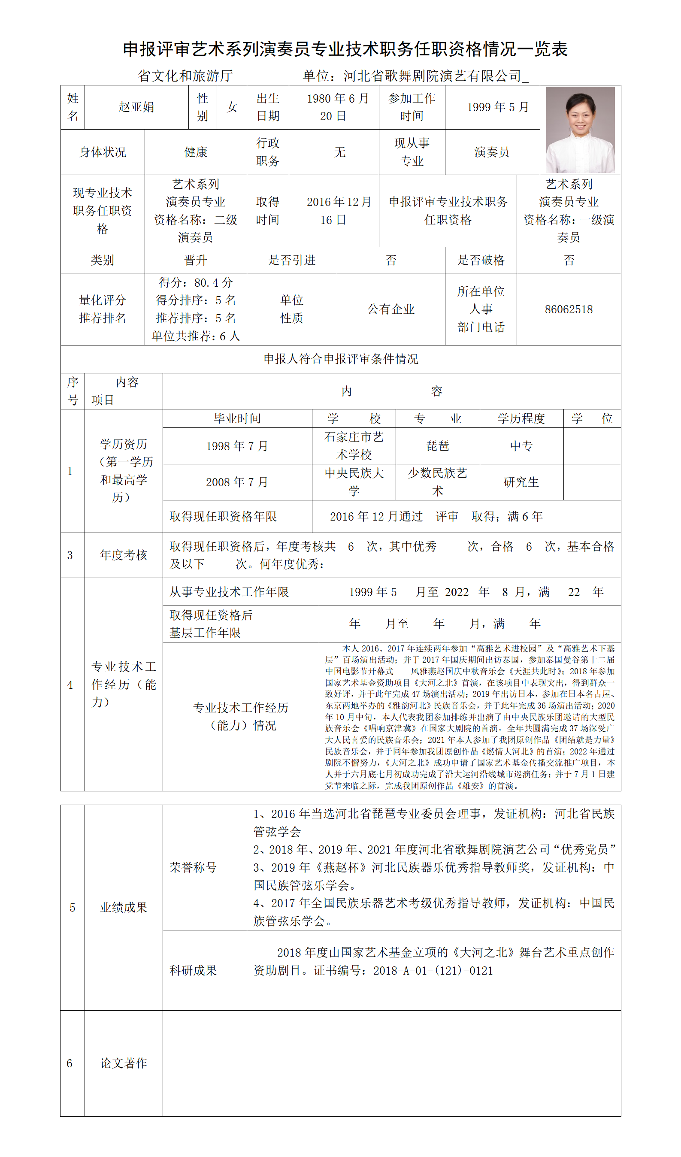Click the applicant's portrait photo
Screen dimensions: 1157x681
point(580,130)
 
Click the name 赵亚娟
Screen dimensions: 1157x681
point(136,107)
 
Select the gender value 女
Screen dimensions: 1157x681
point(232,107)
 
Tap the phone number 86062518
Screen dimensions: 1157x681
point(569,309)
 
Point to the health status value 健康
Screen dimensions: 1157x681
point(196,152)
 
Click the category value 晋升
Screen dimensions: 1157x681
point(196,260)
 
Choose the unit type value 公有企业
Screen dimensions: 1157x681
point(391,309)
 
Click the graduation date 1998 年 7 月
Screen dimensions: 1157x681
point(237,446)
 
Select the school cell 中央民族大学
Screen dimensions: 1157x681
point(354,482)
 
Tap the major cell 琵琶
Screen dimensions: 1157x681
point(438,446)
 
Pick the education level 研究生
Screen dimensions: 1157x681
point(521,482)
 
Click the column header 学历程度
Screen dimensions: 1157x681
point(521,419)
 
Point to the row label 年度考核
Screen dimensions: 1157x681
point(124,555)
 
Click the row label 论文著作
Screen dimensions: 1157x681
point(124,1063)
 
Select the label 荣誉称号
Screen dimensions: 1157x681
point(193,867)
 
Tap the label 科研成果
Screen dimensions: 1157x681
point(193,971)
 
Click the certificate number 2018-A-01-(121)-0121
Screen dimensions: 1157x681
point(433,971)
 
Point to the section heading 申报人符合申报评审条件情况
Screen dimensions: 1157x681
point(341,359)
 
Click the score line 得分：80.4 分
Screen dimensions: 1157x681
point(196,282)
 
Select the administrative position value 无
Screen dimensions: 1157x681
point(339,152)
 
